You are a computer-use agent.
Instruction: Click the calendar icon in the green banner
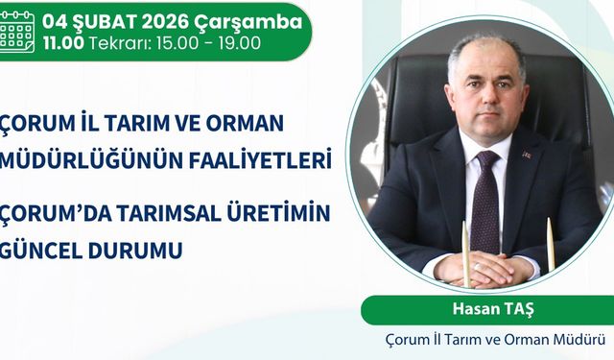click(x=16, y=31)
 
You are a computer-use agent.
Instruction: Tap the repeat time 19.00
click(x=239, y=43)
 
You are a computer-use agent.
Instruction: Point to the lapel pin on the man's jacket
click(x=526, y=153)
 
